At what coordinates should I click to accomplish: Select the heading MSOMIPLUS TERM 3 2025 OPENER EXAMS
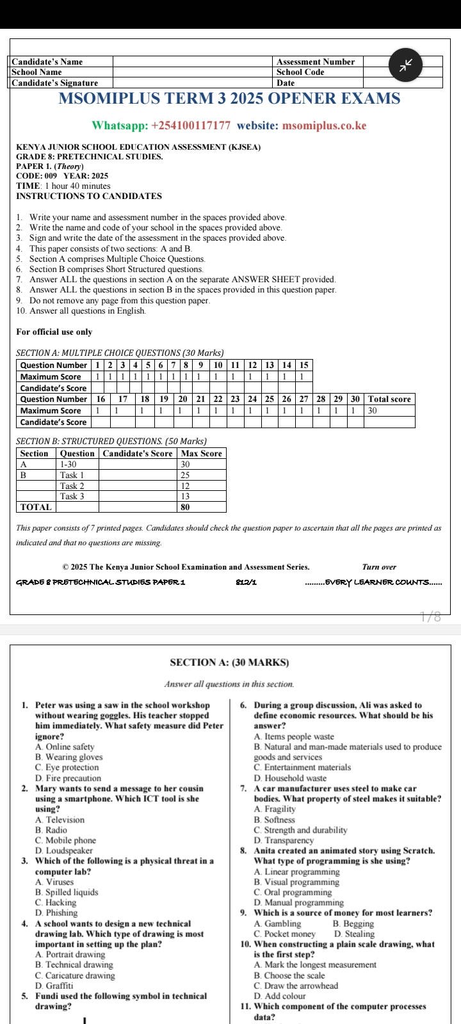coord(229,99)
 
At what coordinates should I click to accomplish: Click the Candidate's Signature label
coord(55,83)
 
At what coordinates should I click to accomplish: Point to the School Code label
coord(300,72)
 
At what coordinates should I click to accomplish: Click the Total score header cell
coord(389,399)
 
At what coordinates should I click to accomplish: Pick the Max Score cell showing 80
coord(186,507)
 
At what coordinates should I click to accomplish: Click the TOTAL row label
coord(36,507)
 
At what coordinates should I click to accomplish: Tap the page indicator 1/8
coord(430,617)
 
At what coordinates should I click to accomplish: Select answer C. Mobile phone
coord(66,840)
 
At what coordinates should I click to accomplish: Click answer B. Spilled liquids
coord(67,892)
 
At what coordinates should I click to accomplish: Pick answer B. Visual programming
coord(296,882)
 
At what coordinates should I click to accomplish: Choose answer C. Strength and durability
coord(300,830)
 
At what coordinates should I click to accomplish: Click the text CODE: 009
coord(36,176)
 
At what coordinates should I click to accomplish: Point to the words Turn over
coord(379,567)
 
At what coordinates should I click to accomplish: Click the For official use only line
coord(54,332)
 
